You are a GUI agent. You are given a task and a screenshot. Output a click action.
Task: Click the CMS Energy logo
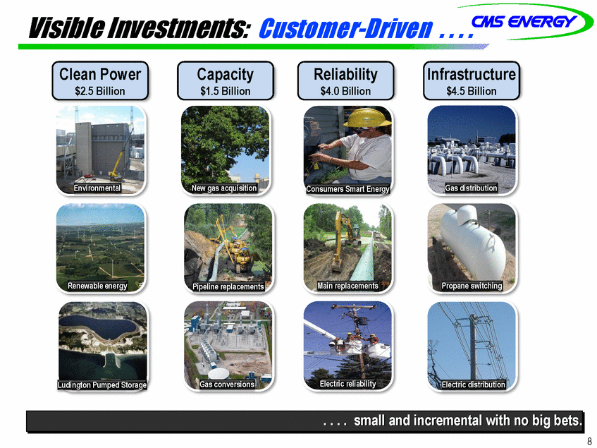click(525, 21)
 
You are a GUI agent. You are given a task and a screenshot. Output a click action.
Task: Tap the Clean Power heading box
click(100, 80)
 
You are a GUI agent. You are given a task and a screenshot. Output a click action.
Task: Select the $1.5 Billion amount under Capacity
click(226, 92)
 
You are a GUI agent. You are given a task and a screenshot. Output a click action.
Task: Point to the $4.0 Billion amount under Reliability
click(345, 92)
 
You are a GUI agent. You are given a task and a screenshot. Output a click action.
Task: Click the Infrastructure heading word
click(472, 74)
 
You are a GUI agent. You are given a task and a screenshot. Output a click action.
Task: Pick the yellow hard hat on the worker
click(367, 117)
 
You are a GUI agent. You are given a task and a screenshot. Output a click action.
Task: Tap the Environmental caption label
click(97, 188)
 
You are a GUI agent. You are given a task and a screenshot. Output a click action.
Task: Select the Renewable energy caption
click(97, 286)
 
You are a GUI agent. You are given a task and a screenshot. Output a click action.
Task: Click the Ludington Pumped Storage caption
click(102, 385)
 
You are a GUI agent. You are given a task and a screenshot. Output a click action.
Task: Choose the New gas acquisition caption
click(224, 188)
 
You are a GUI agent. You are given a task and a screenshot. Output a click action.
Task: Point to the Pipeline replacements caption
click(228, 286)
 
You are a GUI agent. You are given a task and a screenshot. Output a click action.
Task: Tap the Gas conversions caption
click(227, 384)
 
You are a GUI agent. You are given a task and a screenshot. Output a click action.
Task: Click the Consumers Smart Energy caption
click(347, 189)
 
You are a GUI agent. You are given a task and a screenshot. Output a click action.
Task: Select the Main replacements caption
click(348, 286)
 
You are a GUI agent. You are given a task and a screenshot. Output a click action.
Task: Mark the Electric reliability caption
click(348, 384)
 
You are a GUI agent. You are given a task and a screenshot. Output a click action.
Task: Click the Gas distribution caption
click(472, 188)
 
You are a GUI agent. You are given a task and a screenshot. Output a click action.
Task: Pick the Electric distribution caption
click(473, 385)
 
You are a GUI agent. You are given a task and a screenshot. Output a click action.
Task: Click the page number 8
click(590, 440)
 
